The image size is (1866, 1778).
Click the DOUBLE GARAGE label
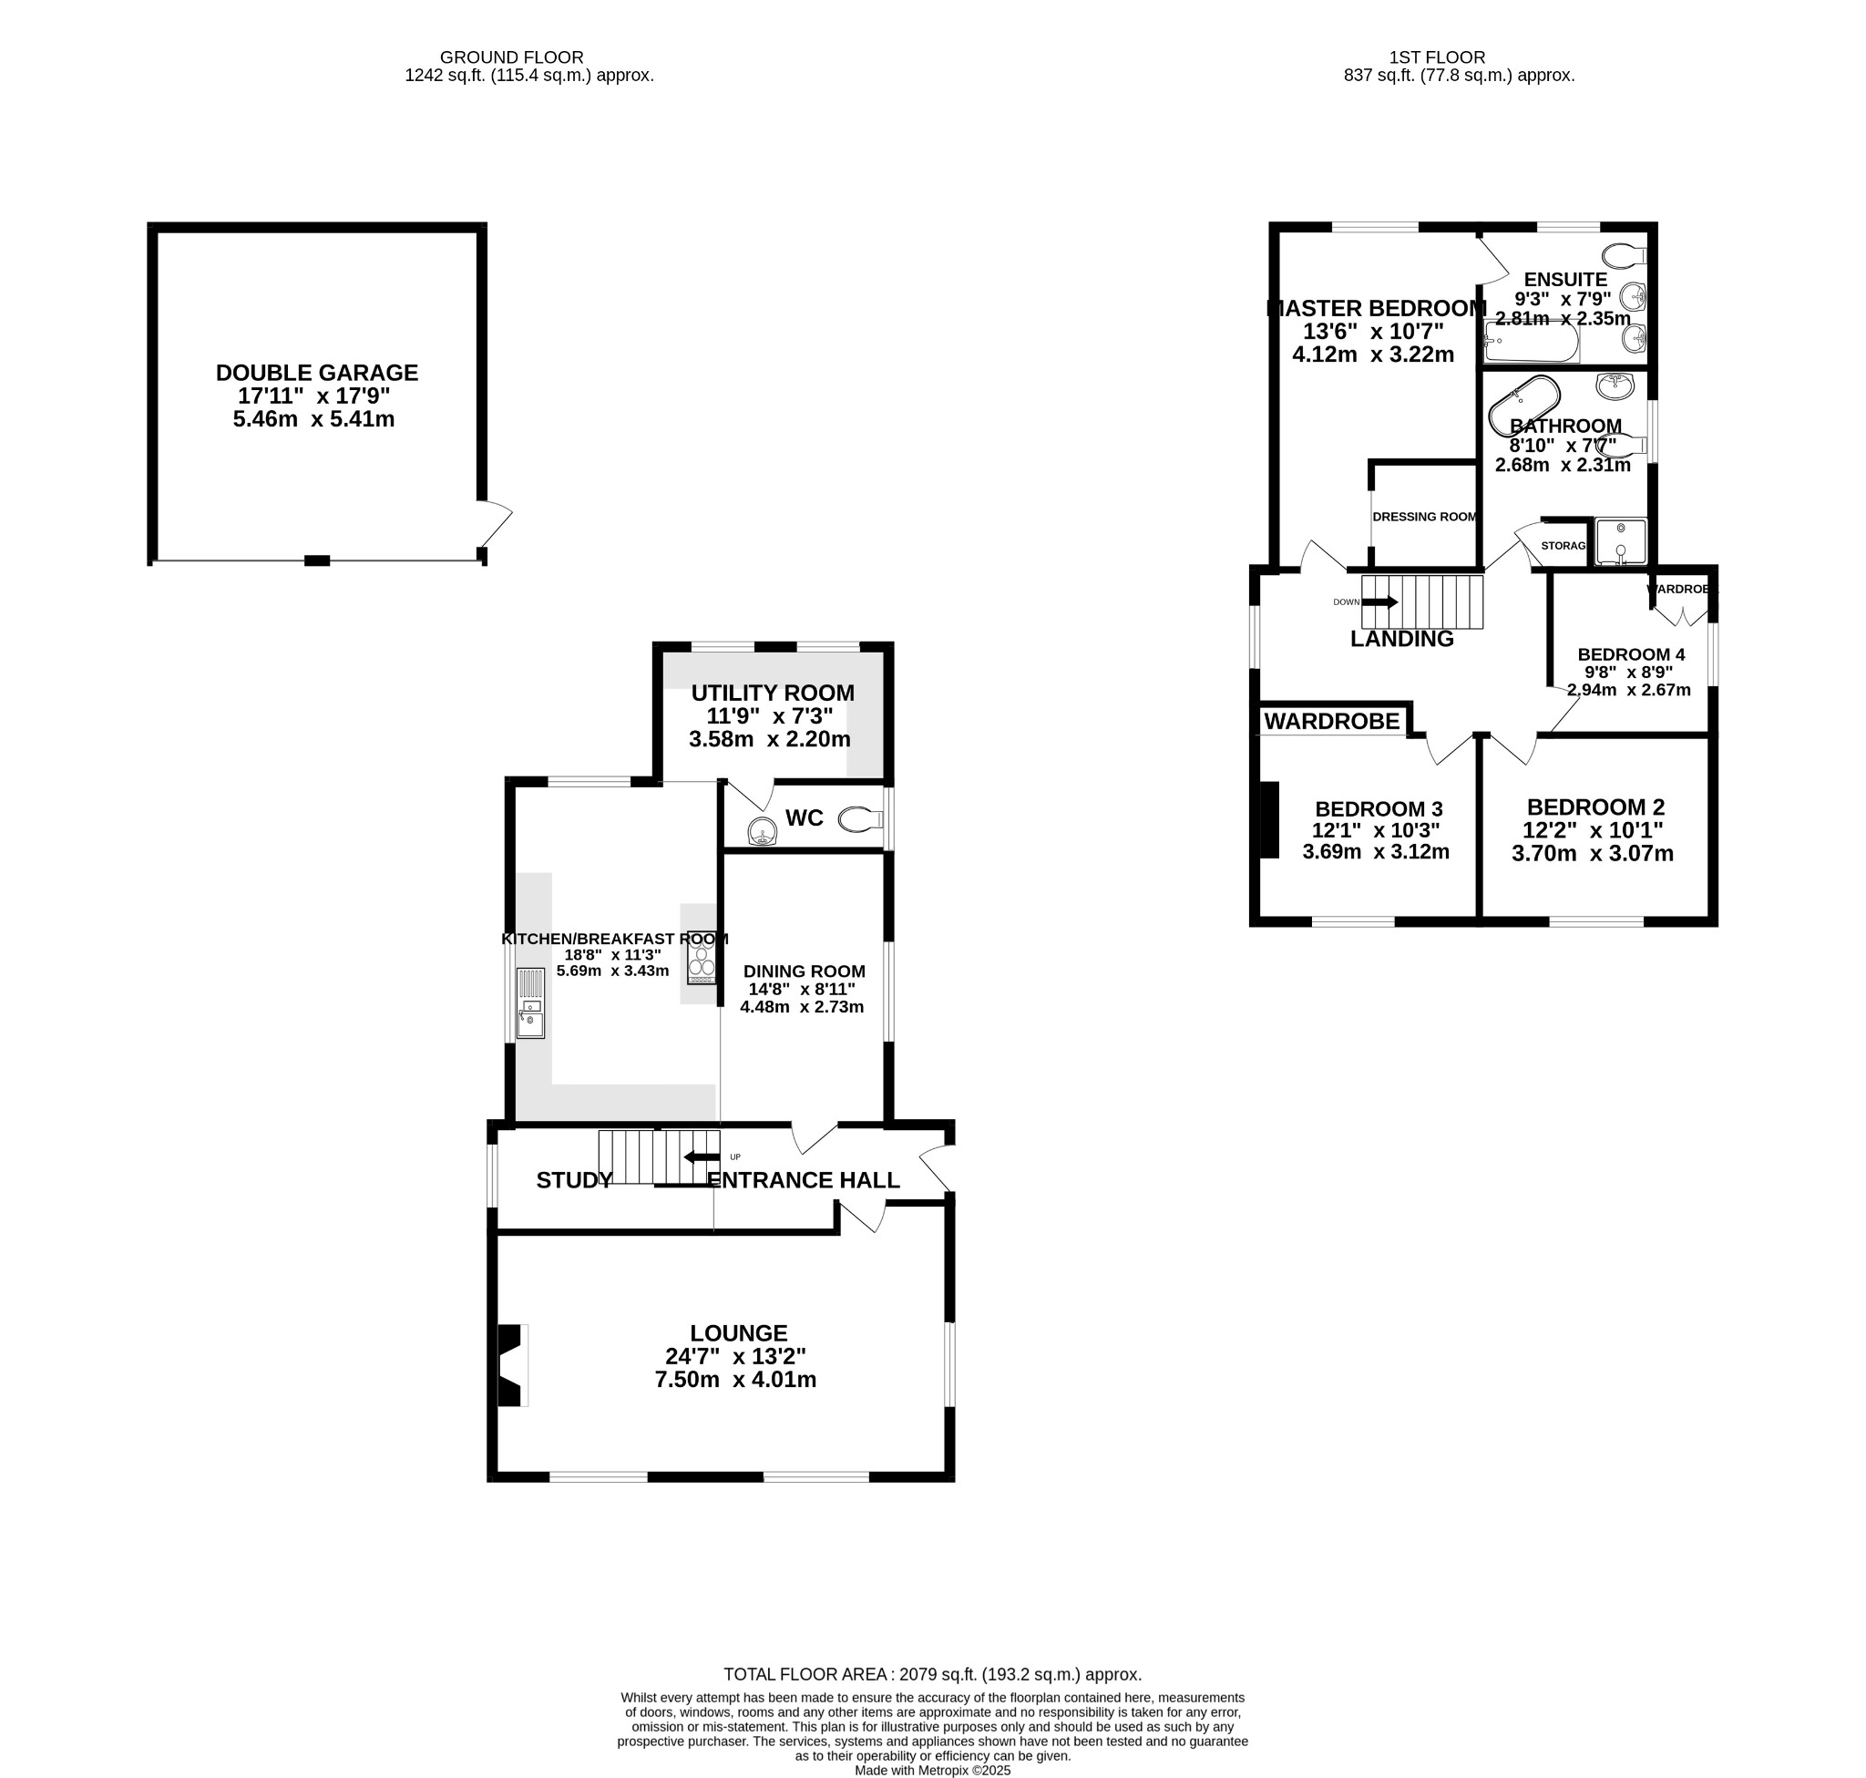point(316,373)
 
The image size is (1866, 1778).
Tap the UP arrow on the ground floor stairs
point(702,1156)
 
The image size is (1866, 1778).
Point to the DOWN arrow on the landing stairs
point(1379,601)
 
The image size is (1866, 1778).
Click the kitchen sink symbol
point(530,1002)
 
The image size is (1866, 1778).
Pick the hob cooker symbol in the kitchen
point(702,957)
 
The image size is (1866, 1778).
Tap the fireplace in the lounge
point(511,1365)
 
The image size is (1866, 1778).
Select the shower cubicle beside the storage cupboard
point(1621,541)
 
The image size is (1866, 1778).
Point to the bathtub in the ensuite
point(1532,342)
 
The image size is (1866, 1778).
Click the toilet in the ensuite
point(1625,256)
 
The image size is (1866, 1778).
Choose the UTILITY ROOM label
point(773,693)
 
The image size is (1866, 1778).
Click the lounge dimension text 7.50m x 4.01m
point(735,1379)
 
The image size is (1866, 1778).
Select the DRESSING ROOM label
point(1424,517)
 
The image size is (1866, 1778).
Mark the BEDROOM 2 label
point(1596,807)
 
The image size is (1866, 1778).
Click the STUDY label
point(573,1180)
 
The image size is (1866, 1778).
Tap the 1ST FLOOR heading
point(1436,57)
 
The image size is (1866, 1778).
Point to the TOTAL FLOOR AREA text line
point(932,1675)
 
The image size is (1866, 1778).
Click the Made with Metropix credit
point(932,1770)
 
